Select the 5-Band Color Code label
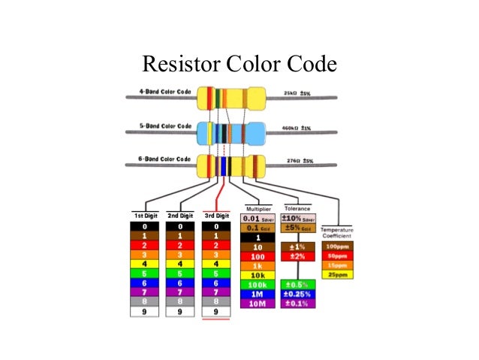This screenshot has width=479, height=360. [161, 126]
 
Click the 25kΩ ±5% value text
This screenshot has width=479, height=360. [297, 95]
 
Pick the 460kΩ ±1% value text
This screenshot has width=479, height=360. [297, 129]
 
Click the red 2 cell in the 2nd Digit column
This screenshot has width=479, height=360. [179, 245]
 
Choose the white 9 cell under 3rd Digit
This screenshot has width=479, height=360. [216, 311]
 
